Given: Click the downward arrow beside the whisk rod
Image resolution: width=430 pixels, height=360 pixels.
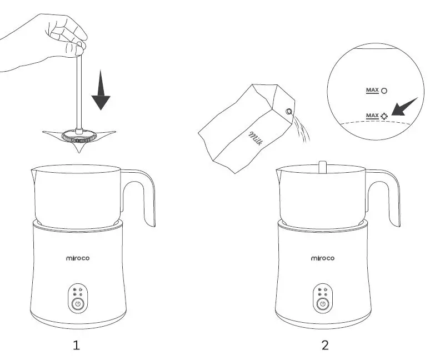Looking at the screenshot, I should click(x=101, y=92).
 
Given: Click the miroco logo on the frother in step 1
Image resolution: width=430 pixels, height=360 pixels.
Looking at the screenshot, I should click(x=77, y=258).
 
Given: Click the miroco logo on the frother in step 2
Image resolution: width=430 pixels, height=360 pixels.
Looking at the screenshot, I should click(x=322, y=258).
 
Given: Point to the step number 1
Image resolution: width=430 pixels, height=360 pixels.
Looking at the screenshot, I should click(x=77, y=346).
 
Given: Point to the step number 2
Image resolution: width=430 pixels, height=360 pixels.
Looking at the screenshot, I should click(x=325, y=346).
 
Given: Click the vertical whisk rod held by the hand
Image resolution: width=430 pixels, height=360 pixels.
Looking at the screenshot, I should click(x=78, y=89).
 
